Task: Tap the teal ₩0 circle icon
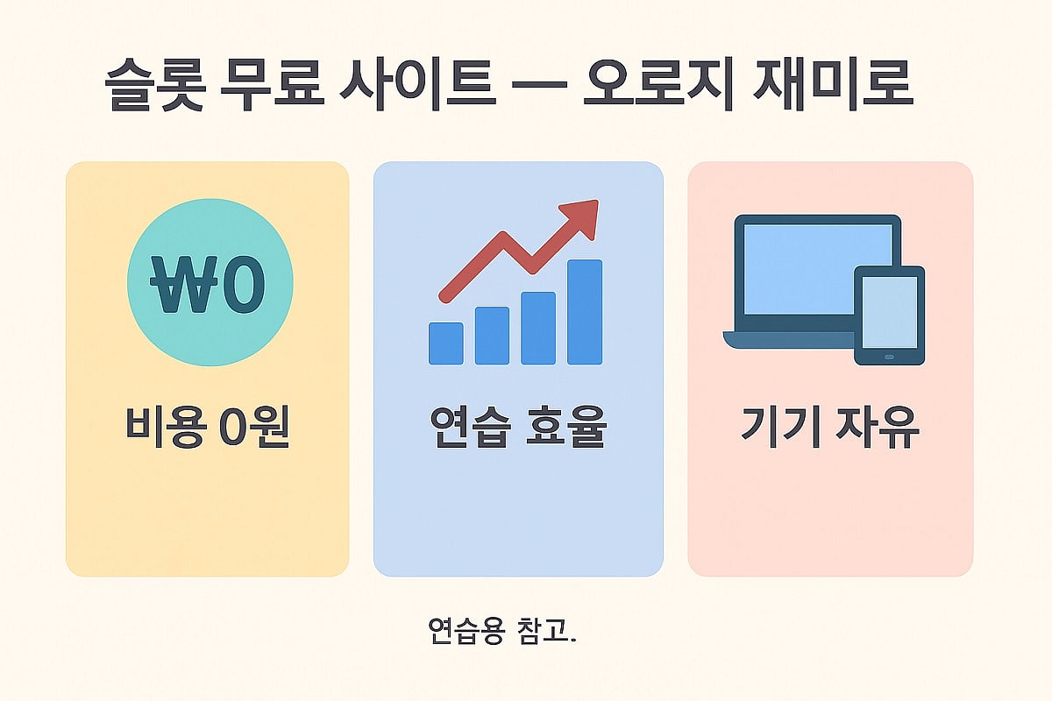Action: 210,282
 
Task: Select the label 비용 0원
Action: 208,426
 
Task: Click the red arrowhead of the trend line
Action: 581,216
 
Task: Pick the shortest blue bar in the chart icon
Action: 445,343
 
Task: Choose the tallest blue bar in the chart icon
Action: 585,311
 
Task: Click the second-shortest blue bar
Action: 492,335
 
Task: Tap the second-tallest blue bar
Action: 538,328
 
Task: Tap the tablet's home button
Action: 889,357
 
